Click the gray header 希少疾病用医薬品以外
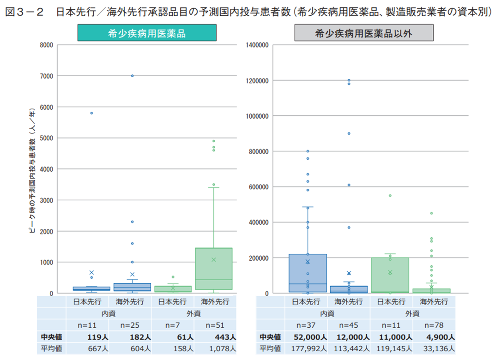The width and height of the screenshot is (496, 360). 364,33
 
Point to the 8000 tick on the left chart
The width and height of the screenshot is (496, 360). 47,45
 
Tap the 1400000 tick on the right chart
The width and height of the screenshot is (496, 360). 257,45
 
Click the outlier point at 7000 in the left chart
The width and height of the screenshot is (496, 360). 132,76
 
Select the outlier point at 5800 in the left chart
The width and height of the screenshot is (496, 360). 91,113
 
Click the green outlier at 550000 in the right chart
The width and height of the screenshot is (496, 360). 390,195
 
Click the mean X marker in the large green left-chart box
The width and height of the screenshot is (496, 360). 214,259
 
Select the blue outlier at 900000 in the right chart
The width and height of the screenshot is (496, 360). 349,133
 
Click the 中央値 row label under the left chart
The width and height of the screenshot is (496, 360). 51,337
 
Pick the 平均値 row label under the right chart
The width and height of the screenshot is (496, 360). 270,348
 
